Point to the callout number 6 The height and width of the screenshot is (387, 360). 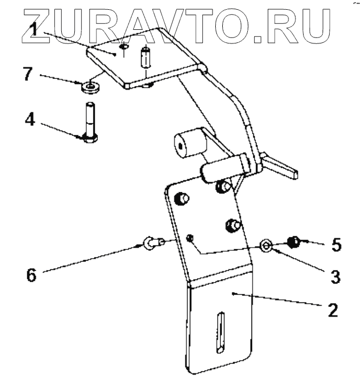point(32,275)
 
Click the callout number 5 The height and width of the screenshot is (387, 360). point(336,245)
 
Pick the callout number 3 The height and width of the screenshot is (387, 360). point(335,276)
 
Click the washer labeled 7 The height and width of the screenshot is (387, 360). point(90,86)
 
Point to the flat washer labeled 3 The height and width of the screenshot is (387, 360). point(266,245)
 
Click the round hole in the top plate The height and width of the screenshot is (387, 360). point(124,48)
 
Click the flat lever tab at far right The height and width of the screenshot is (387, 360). point(282,166)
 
